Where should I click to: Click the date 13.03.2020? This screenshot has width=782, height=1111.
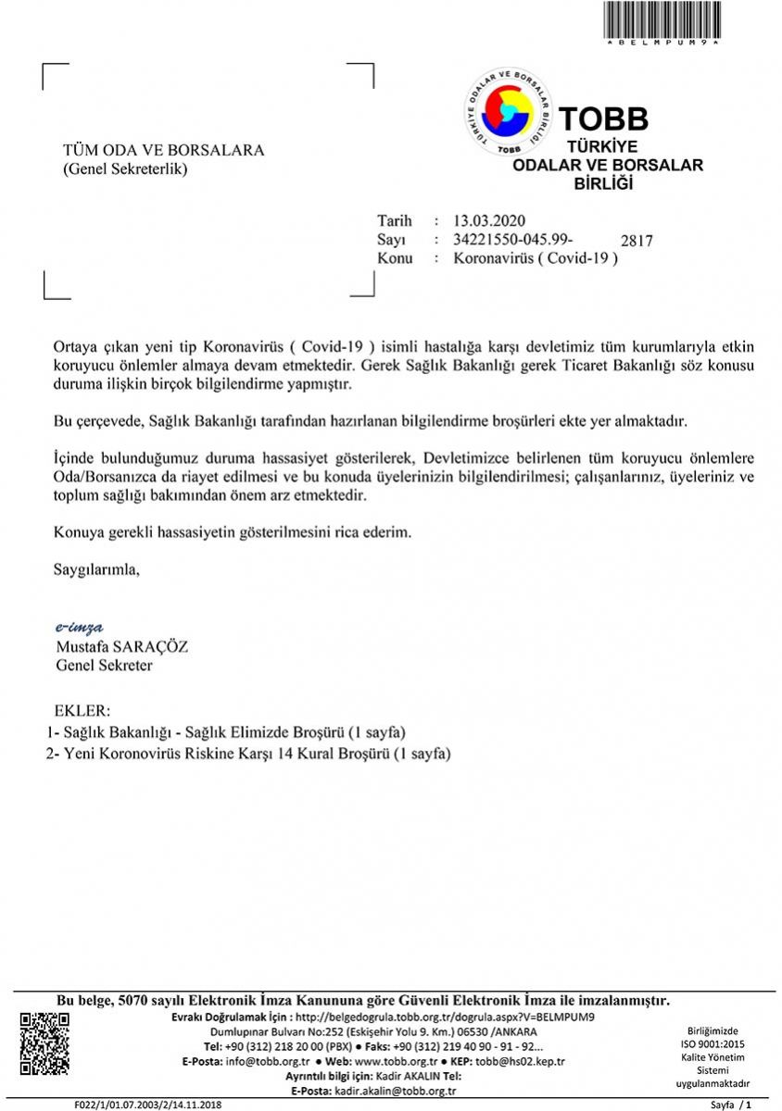(489, 220)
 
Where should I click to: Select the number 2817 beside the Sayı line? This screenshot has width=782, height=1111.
(637, 241)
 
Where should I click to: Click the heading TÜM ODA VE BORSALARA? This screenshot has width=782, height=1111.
(163, 150)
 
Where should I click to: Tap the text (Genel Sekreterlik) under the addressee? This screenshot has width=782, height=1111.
(125, 169)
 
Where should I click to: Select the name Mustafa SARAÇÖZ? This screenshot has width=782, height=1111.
(121, 647)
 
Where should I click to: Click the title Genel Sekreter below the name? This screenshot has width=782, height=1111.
(105, 665)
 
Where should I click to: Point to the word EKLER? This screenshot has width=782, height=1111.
(82, 712)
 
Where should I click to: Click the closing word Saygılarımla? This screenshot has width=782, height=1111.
(96, 568)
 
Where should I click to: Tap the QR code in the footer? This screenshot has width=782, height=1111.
(44, 1044)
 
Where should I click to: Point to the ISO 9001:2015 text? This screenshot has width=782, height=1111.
(713, 1043)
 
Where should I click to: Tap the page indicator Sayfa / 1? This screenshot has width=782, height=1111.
(730, 1105)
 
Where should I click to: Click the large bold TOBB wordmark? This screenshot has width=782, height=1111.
(604, 119)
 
